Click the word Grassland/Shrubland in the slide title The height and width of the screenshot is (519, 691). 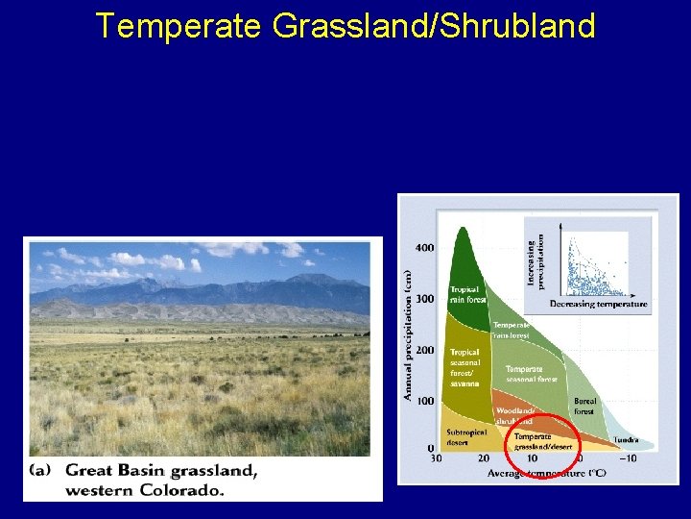point(434,26)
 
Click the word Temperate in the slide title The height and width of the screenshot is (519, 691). point(178,26)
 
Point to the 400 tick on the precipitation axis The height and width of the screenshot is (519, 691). point(424,248)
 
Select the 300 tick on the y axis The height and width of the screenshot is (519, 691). point(424,299)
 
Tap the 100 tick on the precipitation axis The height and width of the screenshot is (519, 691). point(424,401)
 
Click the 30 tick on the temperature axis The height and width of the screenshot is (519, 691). point(435,458)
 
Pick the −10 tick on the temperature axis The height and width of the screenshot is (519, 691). point(628,458)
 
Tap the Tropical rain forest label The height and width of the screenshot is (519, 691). point(465,294)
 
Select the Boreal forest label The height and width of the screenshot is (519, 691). point(584,407)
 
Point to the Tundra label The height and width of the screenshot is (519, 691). point(627,440)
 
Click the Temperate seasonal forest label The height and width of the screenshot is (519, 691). point(531,374)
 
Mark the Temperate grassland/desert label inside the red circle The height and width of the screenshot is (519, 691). point(542,441)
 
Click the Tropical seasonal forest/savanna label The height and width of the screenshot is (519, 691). point(465,368)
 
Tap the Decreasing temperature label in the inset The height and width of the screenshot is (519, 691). point(598,305)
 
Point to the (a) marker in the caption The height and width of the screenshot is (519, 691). point(44,471)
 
